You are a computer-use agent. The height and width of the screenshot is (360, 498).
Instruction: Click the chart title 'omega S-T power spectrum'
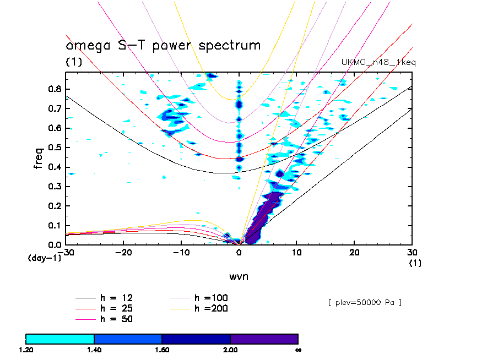(x=163, y=45)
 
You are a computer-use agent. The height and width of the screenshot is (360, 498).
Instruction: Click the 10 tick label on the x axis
(x=297, y=252)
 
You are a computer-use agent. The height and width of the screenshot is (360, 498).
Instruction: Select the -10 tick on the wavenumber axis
(x=181, y=252)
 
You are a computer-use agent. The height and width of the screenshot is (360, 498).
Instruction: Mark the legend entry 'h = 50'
(x=116, y=319)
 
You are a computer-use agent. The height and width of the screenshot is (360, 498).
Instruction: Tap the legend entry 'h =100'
(x=212, y=298)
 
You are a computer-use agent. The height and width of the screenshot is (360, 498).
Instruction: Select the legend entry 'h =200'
(x=212, y=308)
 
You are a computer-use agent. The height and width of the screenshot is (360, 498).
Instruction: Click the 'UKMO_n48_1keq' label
(x=379, y=63)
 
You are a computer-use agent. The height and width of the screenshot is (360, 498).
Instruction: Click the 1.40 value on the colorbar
(x=94, y=350)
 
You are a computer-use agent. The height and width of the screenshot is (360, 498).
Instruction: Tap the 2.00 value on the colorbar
(x=230, y=350)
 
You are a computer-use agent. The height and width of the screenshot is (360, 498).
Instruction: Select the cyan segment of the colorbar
(x=60, y=339)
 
